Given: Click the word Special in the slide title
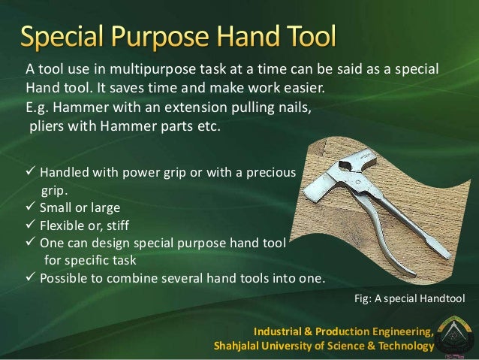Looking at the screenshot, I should [x=74, y=35].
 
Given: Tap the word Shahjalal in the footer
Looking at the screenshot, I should [x=240, y=346].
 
